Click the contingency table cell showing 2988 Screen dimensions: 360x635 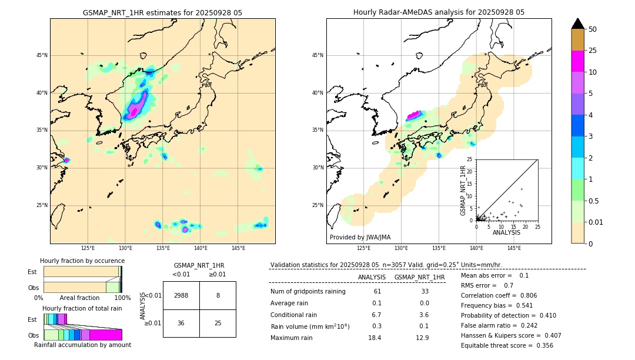[181, 295]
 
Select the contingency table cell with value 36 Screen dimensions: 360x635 [181, 323]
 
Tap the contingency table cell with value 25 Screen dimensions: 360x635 [218, 323]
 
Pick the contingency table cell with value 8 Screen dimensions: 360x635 [218, 295]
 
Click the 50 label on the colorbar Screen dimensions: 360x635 [593, 29]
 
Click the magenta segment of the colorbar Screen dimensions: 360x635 [577, 61]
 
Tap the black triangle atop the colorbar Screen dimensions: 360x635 [577, 24]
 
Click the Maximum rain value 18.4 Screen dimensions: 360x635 [375, 338]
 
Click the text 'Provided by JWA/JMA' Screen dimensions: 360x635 [360, 237]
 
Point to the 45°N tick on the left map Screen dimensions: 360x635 [42, 55]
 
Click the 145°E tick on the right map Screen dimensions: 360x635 [514, 249]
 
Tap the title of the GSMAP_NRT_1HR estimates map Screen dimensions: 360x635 [162, 12]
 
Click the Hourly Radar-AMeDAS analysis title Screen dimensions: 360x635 [439, 12]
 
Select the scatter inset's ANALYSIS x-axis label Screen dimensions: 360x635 [506, 232]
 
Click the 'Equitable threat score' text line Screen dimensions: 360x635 [507, 345]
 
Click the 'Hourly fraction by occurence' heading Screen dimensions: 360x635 [82, 261]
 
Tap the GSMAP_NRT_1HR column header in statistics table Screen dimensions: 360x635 [419, 277]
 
